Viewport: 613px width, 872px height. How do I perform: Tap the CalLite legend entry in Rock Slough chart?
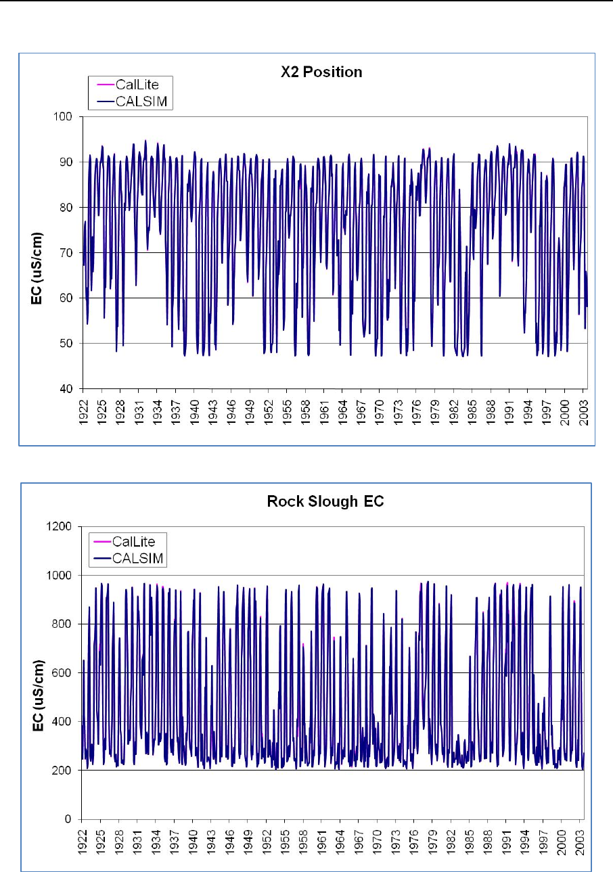coord(132,542)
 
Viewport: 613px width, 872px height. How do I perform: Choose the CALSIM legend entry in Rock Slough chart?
coord(136,557)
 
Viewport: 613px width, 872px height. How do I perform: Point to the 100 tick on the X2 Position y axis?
coord(66,116)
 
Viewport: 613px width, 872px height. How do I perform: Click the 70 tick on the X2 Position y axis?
coord(69,252)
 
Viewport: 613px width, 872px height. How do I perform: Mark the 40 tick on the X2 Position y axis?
coord(69,388)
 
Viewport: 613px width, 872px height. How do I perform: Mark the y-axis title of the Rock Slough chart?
coord(39,673)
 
